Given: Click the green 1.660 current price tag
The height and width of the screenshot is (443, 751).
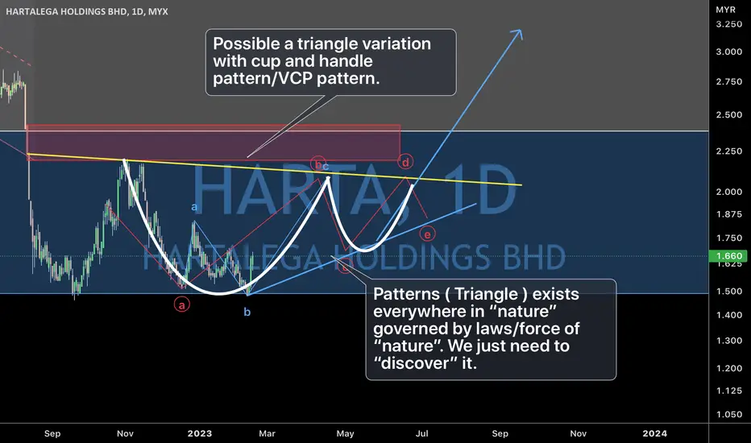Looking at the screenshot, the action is click(729, 256).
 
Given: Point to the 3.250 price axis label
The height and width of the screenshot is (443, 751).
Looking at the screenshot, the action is click(729, 24).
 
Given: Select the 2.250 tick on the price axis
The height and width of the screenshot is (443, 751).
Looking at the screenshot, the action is click(729, 151).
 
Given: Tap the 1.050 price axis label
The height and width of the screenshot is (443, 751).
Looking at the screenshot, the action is click(729, 415).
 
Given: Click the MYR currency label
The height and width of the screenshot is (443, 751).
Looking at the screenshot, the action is click(725, 10).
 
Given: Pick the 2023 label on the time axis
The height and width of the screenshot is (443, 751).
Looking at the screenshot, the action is click(200, 433).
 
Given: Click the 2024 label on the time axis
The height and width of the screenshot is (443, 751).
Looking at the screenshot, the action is click(655, 433).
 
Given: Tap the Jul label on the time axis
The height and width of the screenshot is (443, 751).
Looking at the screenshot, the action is click(421, 433).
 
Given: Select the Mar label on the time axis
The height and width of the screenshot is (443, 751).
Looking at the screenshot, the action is click(267, 433).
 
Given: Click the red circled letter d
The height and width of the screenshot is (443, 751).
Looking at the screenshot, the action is click(405, 162).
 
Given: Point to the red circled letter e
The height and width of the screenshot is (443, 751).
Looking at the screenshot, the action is click(427, 234).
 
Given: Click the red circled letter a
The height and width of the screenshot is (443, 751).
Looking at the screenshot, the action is click(181, 304).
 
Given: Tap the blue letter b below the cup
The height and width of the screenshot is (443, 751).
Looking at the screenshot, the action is click(247, 313).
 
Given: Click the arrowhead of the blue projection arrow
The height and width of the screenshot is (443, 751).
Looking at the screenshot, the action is click(517, 34).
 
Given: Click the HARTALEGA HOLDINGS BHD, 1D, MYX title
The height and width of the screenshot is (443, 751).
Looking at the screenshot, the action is click(87, 11).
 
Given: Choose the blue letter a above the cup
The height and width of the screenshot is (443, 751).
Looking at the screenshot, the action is click(194, 207).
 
